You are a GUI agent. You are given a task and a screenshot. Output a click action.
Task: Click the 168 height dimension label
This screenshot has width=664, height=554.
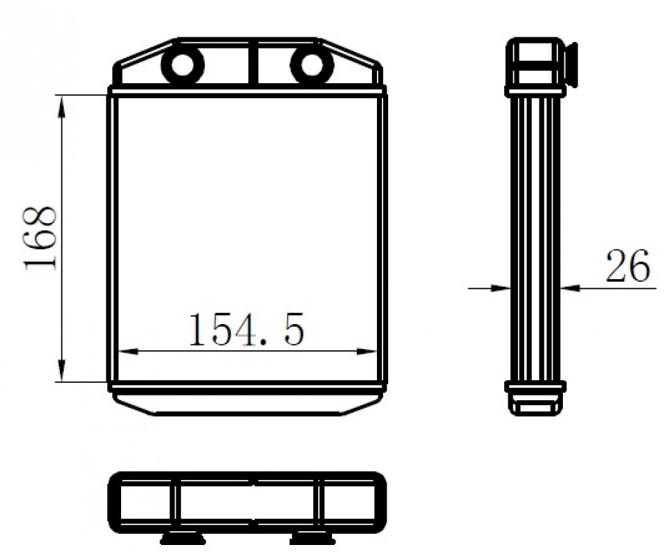coord(40,238)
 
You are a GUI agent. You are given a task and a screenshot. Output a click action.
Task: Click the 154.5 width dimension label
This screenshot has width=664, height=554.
coord(246,329)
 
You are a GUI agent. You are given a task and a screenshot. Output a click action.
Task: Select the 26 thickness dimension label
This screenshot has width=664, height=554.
coord(627,266)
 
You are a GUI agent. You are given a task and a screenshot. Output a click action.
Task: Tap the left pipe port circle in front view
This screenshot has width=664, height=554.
coord(183,65)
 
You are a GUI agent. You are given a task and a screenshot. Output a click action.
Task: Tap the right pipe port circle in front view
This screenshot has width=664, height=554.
coord(312,65)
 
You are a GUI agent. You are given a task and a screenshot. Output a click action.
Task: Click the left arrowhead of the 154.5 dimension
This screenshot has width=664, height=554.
coord(129,351)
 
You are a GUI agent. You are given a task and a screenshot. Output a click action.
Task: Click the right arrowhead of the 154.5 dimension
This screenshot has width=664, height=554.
coord(367,351)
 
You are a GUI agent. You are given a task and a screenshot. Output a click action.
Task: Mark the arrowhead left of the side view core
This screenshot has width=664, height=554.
coord(501,288)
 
